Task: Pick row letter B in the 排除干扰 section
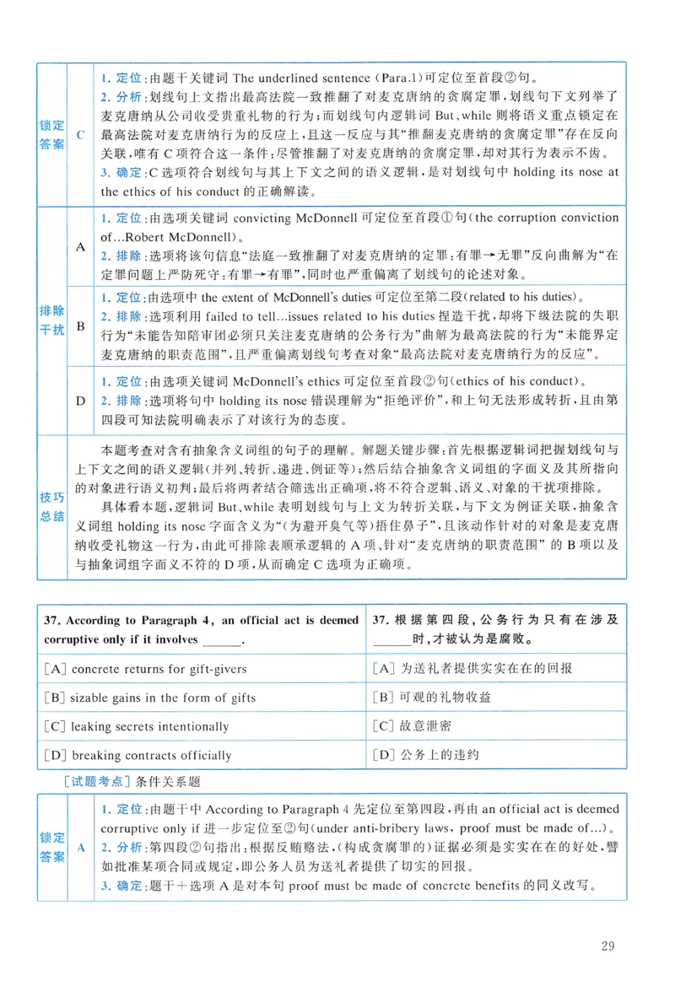[80, 326]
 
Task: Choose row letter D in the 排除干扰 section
[80, 400]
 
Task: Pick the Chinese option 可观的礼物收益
[431, 698]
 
